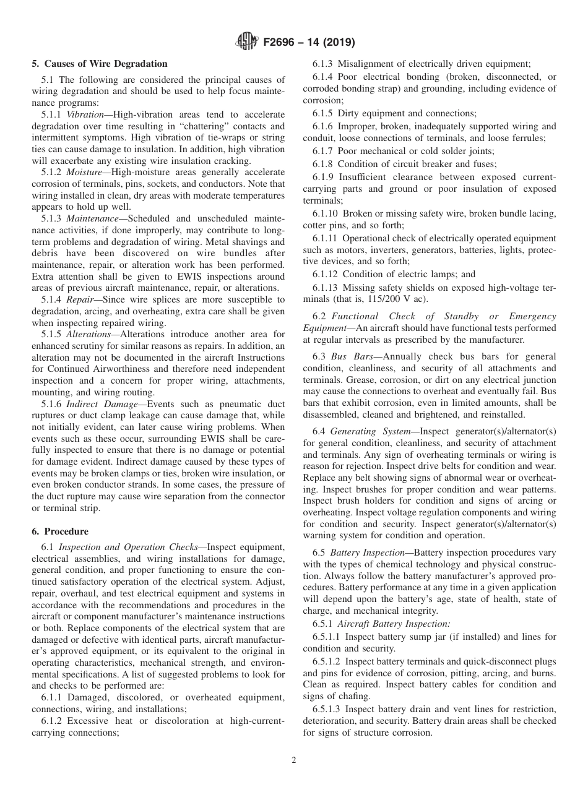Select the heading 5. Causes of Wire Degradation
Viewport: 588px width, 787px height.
(x=100, y=64)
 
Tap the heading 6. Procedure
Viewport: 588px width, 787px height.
(x=60, y=531)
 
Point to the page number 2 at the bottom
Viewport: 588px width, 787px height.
(x=294, y=760)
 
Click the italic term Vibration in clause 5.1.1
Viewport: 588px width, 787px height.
(x=85, y=115)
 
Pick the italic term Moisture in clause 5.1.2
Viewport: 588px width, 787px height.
(x=86, y=184)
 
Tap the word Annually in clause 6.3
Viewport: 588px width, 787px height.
(x=395, y=356)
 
